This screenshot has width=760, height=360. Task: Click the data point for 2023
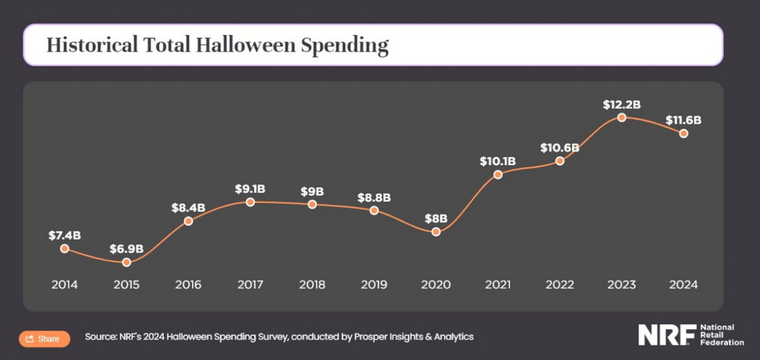click(622, 118)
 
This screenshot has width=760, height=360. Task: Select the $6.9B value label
click(126, 249)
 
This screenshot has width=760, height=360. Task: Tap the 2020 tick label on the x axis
click(436, 284)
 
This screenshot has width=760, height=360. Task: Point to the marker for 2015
click(127, 262)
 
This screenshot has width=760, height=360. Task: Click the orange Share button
click(44, 339)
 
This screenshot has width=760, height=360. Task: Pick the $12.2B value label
click(622, 104)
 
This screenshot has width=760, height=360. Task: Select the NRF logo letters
click(667, 334)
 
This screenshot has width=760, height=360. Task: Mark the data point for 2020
click(436, 231)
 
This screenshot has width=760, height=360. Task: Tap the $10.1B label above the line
click(498, 161)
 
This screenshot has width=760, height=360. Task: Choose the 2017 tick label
click(250, 284)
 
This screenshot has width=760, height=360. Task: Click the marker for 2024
click(684, 133)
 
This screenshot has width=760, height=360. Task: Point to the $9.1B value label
click(250, 189)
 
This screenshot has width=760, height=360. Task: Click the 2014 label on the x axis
click(65, 284)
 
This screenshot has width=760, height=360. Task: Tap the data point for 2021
click(498, 175)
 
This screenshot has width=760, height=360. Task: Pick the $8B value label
click(436, 218)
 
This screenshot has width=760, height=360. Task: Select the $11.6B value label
click(684, 120)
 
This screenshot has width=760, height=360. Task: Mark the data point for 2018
click(312, 204)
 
